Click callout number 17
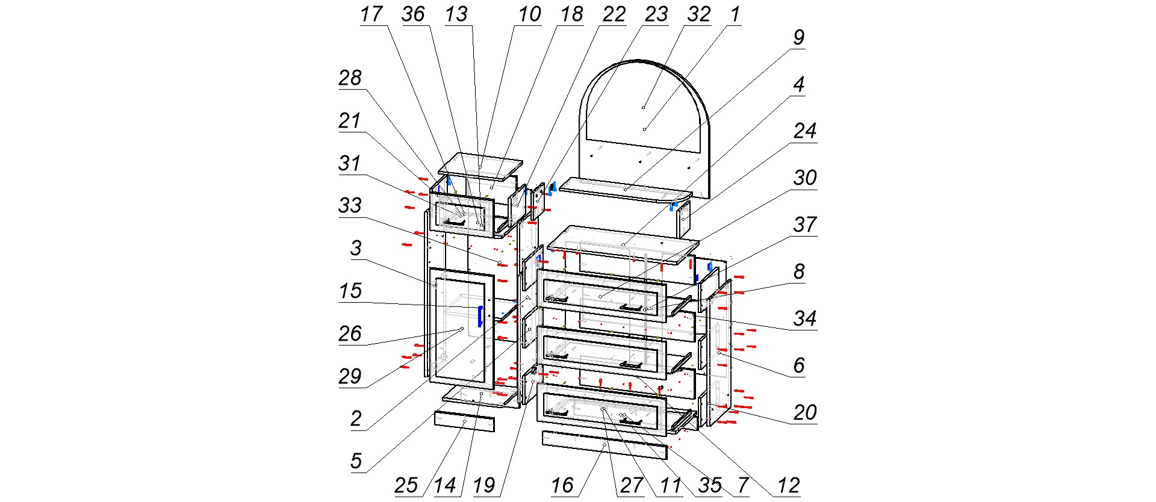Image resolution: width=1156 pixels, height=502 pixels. point(371,14)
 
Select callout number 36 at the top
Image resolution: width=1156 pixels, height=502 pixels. point(413,14)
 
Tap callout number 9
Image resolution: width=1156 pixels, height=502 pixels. point(798,38)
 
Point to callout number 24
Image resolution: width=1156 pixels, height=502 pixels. point(804,131)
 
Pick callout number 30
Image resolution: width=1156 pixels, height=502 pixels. point(804,178)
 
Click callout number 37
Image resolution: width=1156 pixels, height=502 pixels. point(804,225)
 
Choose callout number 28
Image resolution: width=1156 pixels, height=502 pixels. point(350,78)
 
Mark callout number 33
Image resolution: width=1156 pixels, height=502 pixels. point(350,206)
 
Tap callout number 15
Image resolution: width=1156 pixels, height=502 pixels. point(350,291)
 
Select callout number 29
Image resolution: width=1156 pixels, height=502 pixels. point(350,377)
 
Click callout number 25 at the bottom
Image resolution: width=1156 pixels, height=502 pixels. point(406,486)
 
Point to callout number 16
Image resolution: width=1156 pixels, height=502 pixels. point(562,486)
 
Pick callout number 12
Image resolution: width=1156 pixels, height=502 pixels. point(788,486)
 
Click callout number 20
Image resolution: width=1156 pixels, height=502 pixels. point(804,413)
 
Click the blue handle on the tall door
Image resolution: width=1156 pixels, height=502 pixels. point(480,316)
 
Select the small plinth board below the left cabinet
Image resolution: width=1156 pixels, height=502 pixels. point(464,421)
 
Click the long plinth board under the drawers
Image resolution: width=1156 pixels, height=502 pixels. point(604,445)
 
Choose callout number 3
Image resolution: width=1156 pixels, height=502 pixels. point(356,248)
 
